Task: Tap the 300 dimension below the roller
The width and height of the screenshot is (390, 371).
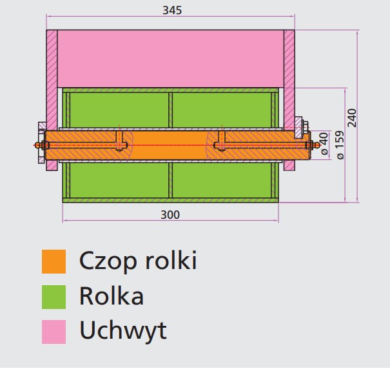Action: point(170,215)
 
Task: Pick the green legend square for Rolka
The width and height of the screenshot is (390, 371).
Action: point(54,297)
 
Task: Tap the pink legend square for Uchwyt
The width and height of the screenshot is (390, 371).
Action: point(54,331)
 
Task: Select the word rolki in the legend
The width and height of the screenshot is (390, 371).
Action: point(170,261)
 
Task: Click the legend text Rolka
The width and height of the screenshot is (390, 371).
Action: point(111,296)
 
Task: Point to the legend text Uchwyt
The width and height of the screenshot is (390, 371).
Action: point(122,330)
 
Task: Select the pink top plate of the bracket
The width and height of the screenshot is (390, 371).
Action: point(170,58)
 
